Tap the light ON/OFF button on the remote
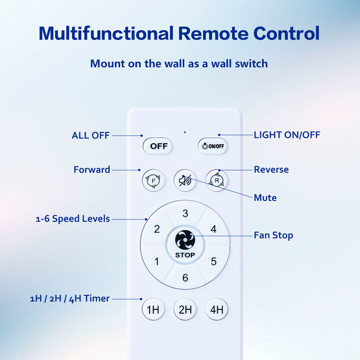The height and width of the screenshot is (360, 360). (x=212, y=146)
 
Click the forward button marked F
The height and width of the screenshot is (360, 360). (x=153, y=180)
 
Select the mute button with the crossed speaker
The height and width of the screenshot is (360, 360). (x=185, y=180)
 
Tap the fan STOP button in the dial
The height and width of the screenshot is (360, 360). (x=185, y=244)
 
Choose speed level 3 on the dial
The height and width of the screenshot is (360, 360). (x=185, y=213)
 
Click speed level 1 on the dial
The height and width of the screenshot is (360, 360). (x=157, y=261)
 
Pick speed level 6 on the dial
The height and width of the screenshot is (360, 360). (x=185, y=278)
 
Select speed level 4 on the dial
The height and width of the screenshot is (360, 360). (x=213, y=229)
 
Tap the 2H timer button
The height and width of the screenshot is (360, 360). (x=185, y=309)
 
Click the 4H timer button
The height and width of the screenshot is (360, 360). (x=217, y=309)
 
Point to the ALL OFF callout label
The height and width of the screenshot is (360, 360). (x=90, y=135)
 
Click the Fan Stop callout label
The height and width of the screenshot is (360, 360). (x=273, y=235)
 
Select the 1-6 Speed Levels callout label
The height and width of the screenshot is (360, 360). (x=73, y=219)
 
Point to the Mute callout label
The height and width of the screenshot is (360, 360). (x=265, y=198)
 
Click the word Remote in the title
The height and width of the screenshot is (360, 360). (x=213, y=33)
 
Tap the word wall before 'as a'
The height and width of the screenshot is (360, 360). (x=174, y=64)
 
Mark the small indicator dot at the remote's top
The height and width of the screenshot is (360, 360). (x=185, y=132)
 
